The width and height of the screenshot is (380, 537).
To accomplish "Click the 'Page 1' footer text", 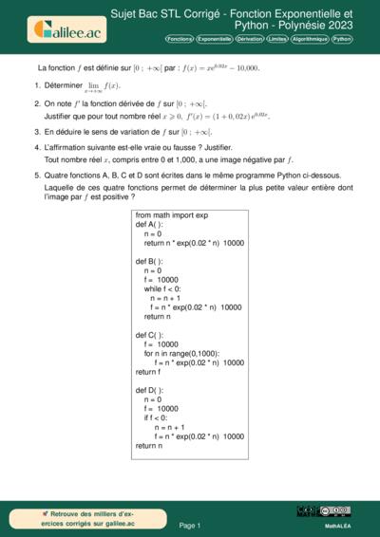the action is (x=190, y=525).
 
